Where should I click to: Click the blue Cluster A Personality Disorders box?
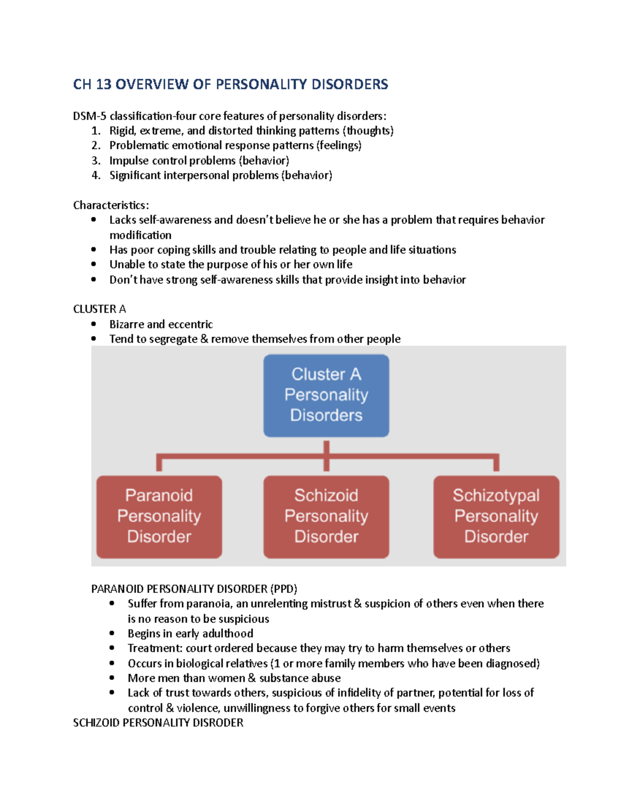(x=326, y=395)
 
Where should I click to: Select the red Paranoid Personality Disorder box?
(x=159, y=516)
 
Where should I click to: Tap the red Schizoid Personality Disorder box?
(x=326, y=516)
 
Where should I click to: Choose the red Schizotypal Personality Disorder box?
(x=496, y=516)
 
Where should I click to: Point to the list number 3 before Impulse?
(x=96, y=160)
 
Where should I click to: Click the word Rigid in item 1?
(x=122, y=130)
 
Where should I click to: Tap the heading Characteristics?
(x=111, y=205)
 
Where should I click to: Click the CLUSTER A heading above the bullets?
(x=99, y=309)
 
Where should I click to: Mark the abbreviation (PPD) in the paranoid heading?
(x=283, y=589)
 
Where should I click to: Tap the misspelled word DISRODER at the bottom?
(x=218, y=723)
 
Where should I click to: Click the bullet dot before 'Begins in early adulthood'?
(x=112, y=633)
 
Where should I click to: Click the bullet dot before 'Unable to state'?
(x=94, y=264)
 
